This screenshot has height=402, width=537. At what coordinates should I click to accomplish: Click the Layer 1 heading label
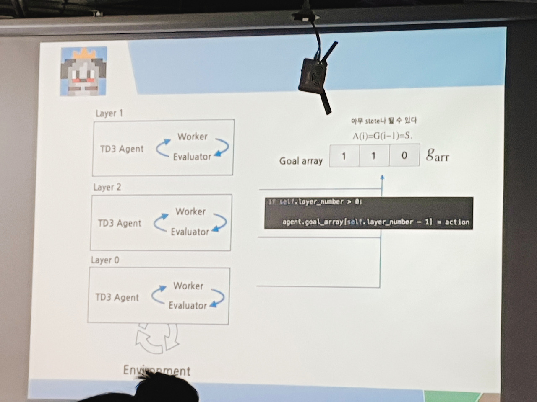pos(109,113)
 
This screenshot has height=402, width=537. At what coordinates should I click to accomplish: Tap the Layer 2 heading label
pos(107,187)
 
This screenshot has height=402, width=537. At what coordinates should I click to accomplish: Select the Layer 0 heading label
pos(105,260)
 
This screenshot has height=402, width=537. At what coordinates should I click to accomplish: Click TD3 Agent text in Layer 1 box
pos(122,149)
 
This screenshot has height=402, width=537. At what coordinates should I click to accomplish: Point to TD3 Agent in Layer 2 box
pos(120,223)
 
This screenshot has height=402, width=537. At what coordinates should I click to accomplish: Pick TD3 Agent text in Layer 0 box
pos(117,297)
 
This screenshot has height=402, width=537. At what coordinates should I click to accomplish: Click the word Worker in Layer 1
pos(193,137)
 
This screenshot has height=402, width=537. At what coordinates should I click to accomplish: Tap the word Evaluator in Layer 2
pos(190,232)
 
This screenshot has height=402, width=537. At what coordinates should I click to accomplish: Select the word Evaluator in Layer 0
pos(188,305)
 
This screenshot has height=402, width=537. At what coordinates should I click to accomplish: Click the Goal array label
pos(301,161)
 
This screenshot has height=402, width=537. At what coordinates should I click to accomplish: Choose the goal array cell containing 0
pos(404,155)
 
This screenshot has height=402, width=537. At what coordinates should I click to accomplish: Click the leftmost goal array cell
pos(344,156)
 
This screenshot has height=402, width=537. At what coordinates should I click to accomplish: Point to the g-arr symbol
pos(437,155)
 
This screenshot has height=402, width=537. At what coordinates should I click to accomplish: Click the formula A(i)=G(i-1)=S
pos(382,136)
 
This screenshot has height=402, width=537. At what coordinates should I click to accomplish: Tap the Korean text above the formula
pos(383,121)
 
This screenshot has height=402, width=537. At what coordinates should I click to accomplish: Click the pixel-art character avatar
pos(83,71)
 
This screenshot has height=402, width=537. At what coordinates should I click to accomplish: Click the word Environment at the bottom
pos(156,370)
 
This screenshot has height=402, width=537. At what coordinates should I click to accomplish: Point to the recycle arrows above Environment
pos(156,337)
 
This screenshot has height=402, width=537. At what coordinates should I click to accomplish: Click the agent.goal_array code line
pos(375,222)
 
